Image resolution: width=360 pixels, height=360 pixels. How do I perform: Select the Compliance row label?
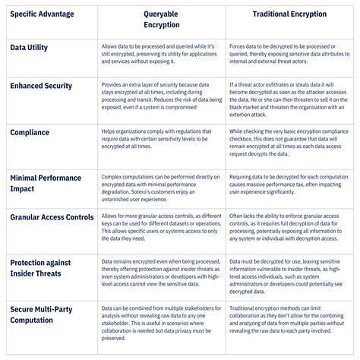30,133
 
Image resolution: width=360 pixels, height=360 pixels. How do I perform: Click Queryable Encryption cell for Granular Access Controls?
160,226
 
